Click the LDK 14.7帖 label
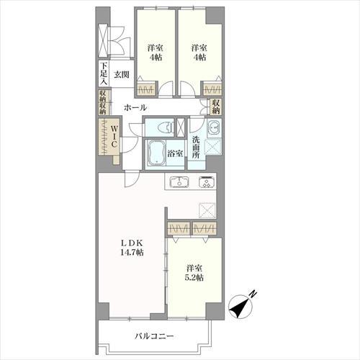click(x=132, y=248)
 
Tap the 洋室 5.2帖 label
click(x=194, y=273)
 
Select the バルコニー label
click(x=154, y=336)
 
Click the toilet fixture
click(x=166, y=127)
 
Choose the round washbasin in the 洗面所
click(x=214, y=127)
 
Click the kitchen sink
click(x=179, y=181)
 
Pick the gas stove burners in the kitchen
click(x=207, y=182)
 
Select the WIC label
click(x=114, y=136)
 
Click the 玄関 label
click(x=122, y=75)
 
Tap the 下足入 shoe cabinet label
click(x=104, y=73)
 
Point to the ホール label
click(x=135, y=107)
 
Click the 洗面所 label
click(x=196, y=148)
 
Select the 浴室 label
click(x=175, y=153)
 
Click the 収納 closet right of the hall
click(x=216, y=107)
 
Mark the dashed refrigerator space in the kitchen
click(x=207, y=210)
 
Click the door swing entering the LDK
click(x=132, y=179)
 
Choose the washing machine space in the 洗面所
click(x=213, y=146)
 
